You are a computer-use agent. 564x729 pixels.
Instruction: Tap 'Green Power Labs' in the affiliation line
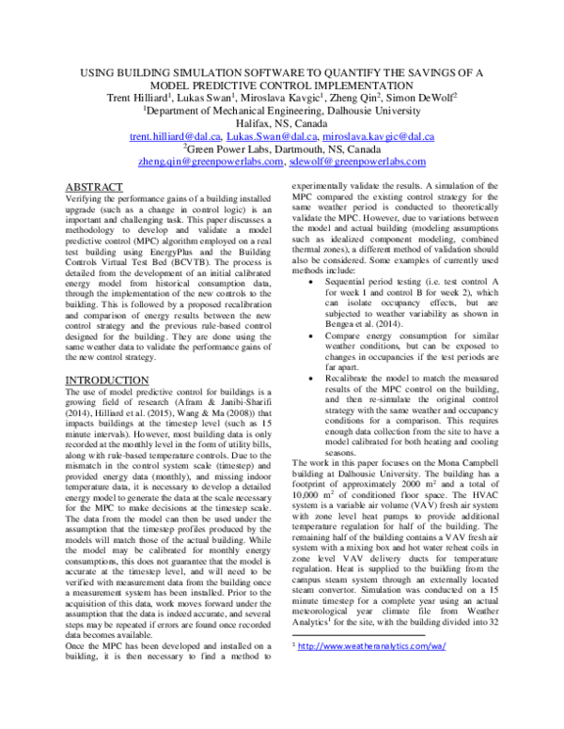coord(231,149)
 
